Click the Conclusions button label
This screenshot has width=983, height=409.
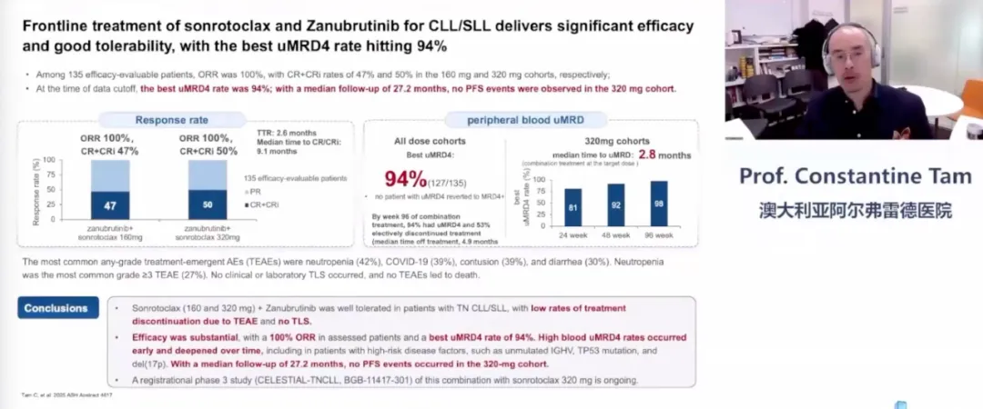pyautogui.click(x=56, y=308)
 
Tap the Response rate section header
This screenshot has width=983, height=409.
pyautogui.click(x=172, y=119)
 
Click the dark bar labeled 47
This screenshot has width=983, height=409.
pyautogui.click(x=111, y=205)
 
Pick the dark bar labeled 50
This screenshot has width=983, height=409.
pyautogui.click(x=208, y=204)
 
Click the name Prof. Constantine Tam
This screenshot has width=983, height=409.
pyautogui.click(x=855, y=175)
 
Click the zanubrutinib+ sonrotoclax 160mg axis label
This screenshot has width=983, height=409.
pyautogui.click(x=111, y=232)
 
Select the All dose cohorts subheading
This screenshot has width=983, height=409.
pyautogui.click(x=431, y=141)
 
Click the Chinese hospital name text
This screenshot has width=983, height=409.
pyautogui.click(x=855, y=210)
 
